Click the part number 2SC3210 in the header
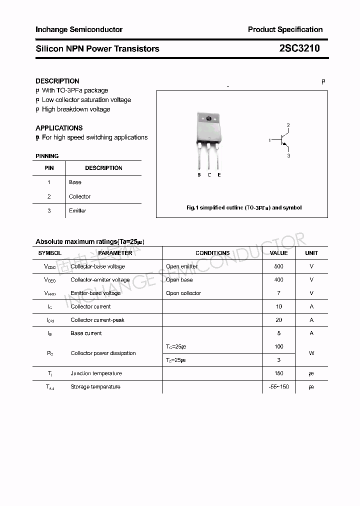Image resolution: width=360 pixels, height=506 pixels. point(299,48)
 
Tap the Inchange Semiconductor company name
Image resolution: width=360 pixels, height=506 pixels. point(79,29)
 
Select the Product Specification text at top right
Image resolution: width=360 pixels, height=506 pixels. point(285,29)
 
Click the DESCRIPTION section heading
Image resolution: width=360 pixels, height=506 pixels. point(57,81)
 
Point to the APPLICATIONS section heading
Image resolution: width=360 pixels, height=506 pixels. point(59,128)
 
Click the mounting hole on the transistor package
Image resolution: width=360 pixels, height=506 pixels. point(209,119)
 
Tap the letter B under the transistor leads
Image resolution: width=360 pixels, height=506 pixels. point(199,175)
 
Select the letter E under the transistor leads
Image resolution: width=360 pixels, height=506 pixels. point(219,175)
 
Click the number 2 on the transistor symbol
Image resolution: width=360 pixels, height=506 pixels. point(288,125)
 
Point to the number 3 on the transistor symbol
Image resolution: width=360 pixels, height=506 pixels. point(288,156)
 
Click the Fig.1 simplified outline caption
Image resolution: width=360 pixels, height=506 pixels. point(243,207)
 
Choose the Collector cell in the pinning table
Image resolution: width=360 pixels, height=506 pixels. point(80,196)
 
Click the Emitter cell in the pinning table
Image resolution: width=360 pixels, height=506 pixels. point(77,210)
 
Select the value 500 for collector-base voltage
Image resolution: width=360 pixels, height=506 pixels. point(278,266)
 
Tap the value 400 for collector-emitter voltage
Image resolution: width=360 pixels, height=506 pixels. point(278,280)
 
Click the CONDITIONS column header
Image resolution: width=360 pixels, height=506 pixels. point(212,253)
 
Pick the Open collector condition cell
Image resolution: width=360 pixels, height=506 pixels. point(183,293)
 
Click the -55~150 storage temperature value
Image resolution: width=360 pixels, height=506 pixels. point(278,387)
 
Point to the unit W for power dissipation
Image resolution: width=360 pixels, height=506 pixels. point(311,353)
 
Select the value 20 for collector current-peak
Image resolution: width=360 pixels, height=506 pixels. point(278,320)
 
